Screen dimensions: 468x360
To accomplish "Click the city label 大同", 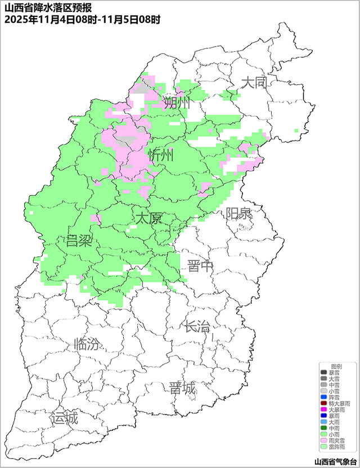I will pyautogui.click(x=253, y=83).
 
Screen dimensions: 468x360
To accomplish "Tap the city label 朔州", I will pyautogui.click(x=177, y=102).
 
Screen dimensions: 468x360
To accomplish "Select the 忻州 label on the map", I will pyautogui.click(x=161, y=155).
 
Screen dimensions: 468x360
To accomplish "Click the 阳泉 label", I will pyautogui.click(x=238, y=214).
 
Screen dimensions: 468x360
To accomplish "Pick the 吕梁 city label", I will pyautogui.click(x=79, y=241).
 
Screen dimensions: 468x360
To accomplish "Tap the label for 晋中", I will pyautogui.click(x=201, y=266).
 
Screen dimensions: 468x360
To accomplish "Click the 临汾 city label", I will pyautogui.click(x=88, y=344).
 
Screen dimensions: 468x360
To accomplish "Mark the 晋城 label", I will pyautogui.click(x=182, y=388).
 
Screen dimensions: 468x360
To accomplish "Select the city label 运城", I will pyautogui.click(x=64, y=418).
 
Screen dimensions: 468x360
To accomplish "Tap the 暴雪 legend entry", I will pyautogui.click(x=334, y=372).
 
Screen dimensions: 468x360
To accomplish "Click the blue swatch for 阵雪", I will pyautogui.click(x=323, y=397).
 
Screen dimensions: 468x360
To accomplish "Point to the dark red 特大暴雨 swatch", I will pyautogui.click(x=323, y=403).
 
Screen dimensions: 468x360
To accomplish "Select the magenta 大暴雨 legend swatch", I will pyautogui.click(x=323, y=409).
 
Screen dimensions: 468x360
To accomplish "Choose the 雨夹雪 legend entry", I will pyautogui.click(x=336, y=440).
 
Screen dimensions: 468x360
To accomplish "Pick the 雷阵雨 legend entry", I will pyautogui.click(x=336, y=447).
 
